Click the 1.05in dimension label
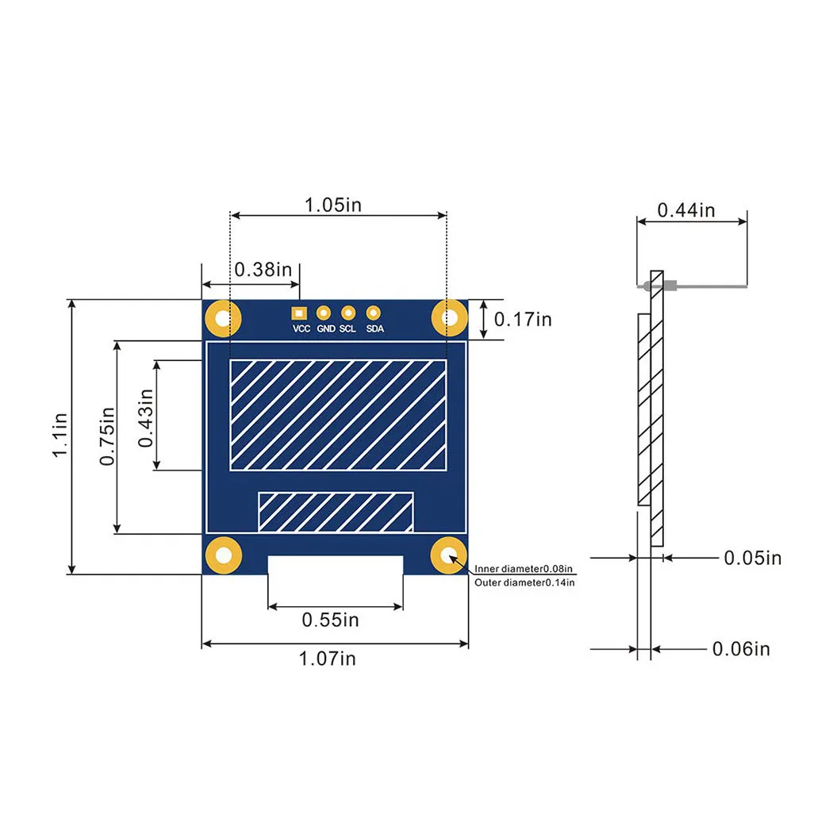coord(333,205)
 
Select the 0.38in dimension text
coord(263,269)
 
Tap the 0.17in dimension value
coord(522,319)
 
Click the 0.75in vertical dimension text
coord(107,437)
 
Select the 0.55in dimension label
coord(330,620)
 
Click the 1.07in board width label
coord(327,658)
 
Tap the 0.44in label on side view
coord(686,210)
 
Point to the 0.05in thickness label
coord(752,558)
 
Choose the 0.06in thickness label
coord(741,649)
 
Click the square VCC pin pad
coord(298,313)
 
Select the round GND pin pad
coord(324,313)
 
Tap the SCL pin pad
coord(347,313)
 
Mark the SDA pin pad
coord(374,313)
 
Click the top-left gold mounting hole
coord(224,319)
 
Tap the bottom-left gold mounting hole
coord(224,555)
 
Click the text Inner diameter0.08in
coord(524,569)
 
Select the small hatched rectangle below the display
coord(336,512)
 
